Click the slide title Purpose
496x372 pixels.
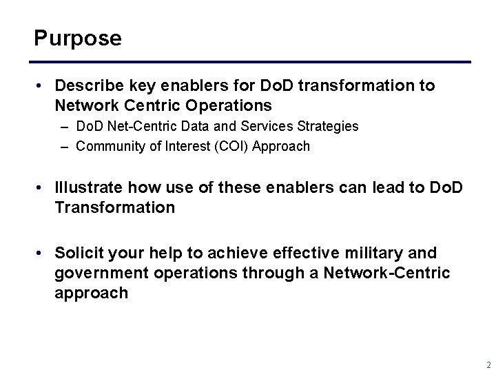[78, 38]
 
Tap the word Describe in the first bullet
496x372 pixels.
[86, 86]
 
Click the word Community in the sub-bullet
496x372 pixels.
[109, 146]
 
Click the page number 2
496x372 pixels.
[487, 364]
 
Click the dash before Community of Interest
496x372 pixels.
[64, 146]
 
